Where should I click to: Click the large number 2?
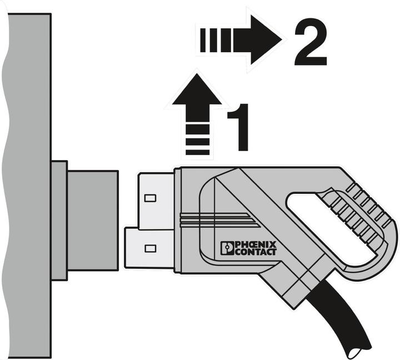tap(311, 42)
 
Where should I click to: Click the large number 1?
tap(239, 127)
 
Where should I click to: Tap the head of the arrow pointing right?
tap(266, 40)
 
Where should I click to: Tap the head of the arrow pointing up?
tap(197, 89)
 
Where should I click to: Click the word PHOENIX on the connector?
tap(256, 244)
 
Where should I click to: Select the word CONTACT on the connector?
tap(256, 252)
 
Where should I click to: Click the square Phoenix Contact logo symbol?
tap(227, 248)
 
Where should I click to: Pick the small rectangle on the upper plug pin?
tap(150, 198)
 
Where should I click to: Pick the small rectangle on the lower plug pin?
tap(150, 248)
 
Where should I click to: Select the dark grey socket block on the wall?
tap(93, 221)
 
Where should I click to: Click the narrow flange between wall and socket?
tap(59, 221)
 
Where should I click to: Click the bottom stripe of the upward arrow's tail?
tap(197, 153)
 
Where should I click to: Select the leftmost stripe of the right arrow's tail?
tap(203, 40)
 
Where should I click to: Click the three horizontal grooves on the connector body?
tap(219, 220)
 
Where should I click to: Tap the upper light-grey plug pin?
tap(156, 201)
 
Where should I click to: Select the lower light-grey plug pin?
tap(150, 248)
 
